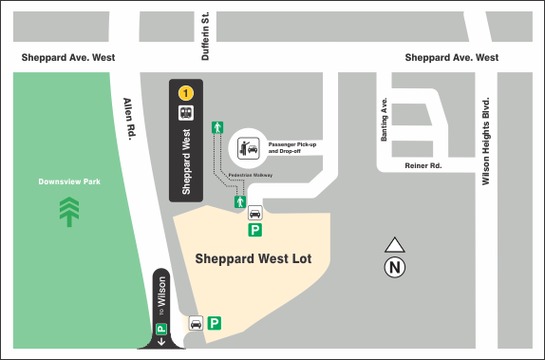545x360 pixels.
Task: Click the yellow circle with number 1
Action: pos(187,93)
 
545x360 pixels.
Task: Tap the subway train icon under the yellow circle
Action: pos(187,112)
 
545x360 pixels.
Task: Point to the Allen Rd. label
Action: pos(127,119)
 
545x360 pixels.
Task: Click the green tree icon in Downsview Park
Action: pos(68,211)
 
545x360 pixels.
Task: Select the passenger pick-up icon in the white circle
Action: pos(249,145)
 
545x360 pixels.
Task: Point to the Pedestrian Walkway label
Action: pos(251,176)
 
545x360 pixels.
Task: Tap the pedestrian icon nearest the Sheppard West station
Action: pos(217,127)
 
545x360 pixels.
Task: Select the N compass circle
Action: pos(395,267)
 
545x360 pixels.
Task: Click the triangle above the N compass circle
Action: pos(395,245)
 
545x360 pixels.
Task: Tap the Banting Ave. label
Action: pos(385,120)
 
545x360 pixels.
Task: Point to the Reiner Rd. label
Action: pos(423,165)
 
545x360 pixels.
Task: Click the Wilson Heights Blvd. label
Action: pos(485,140)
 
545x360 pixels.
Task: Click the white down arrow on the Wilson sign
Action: pos(161,339)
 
